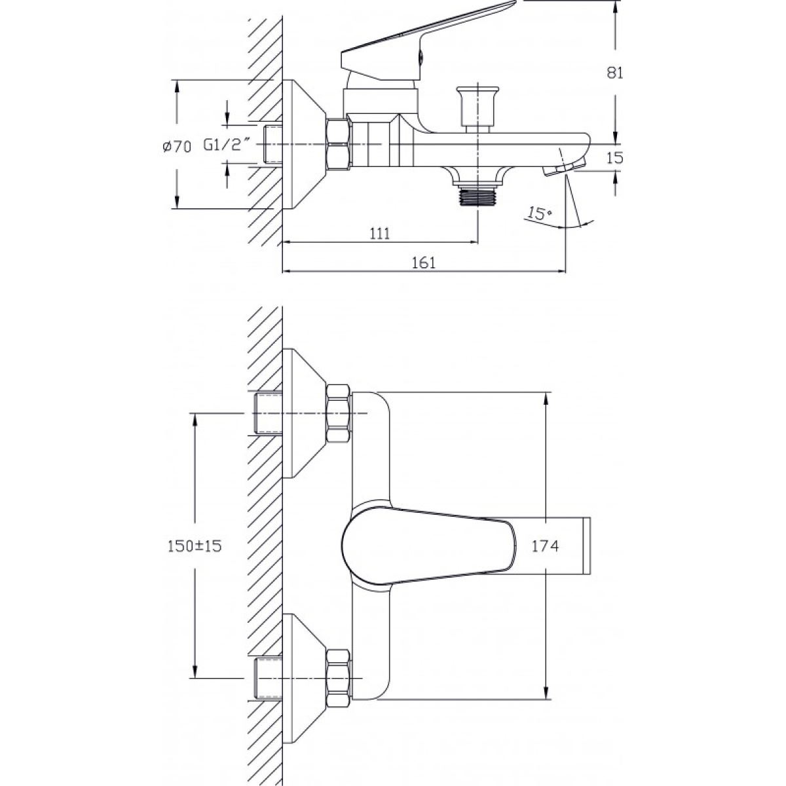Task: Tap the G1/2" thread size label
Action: coord(227,145)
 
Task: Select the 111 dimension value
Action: coord(380,233)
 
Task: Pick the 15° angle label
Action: coord(540,213)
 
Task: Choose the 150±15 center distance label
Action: coord(195,546)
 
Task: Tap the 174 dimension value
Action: coord(546,546)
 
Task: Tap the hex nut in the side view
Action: coord(339,143)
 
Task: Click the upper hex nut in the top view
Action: coord(339,413)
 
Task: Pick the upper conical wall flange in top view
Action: coord(303,413)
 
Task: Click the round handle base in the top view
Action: coord(366,546)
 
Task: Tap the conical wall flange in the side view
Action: coord(303,144)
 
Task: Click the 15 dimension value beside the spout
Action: coord(614,158)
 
